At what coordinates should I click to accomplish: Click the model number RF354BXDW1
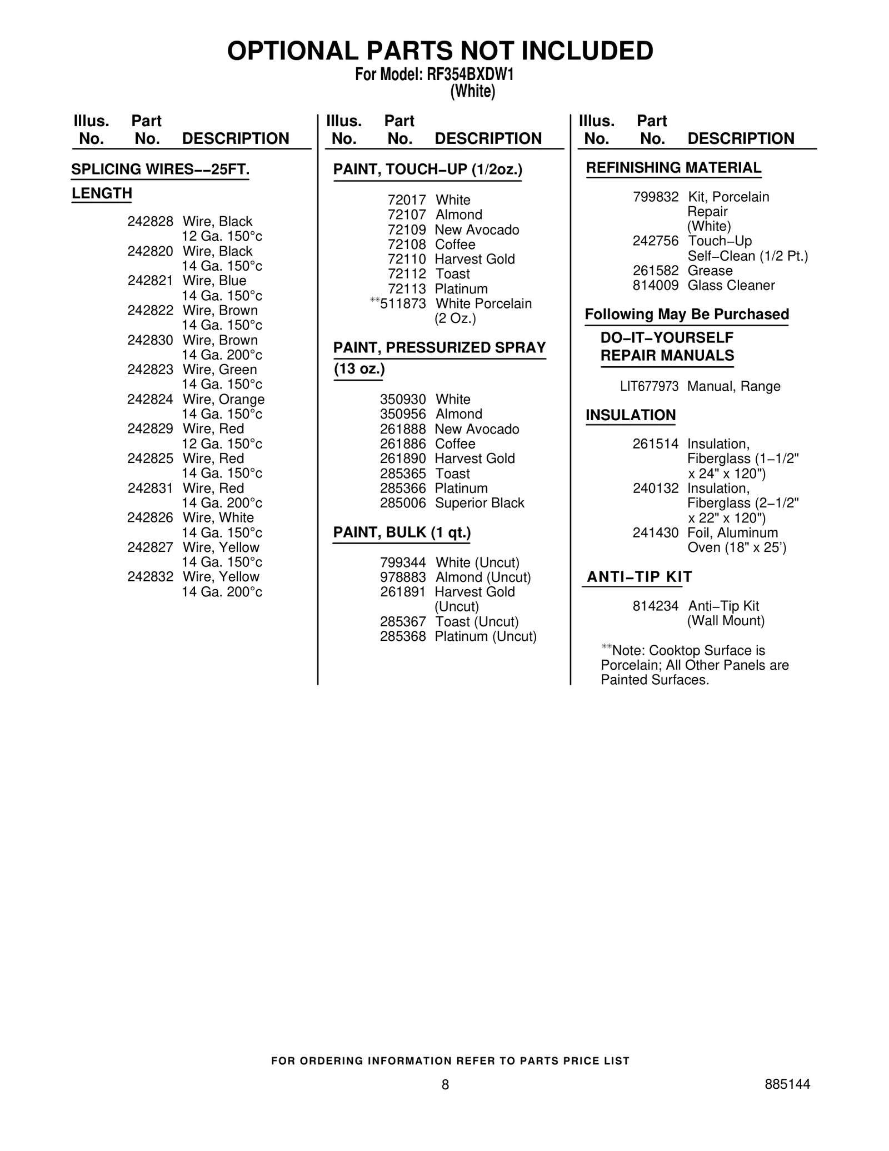pyautogui.click(x=470, y=74)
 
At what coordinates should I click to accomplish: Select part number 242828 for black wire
pyautogui.click(x=150, y=222)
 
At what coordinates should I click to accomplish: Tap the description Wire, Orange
pyautogui.click(x=223, y=400)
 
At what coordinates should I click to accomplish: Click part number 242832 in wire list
pyautogui.click(x=150, y=577)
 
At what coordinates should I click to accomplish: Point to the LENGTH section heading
pyautogui.click(x=102, y=193)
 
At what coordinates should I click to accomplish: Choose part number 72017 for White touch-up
pyautogui.click(x=407, y=200)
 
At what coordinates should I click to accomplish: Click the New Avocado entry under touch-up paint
pyautogui.click(x=477, y=230)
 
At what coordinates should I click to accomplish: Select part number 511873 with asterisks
pyautogui.click(x=403, y=304)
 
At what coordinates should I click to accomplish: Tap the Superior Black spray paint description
pyautogui.click(x=480, y=503)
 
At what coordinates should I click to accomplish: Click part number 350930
pyautogui.click(x=403, y=400)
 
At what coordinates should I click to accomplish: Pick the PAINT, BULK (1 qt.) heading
pyautogui.click(x=402, y=533)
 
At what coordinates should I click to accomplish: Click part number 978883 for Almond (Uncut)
pyautogui.click(x=403, y=577)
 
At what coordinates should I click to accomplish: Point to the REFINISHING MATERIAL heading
pyautogui.click(x=673, y=168)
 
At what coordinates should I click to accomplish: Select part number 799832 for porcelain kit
pyautogui.click(x=656, y=197)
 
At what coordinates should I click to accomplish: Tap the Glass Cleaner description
pyautogui.click(x=731, y=286)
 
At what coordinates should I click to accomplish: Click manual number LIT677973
pyautogui.click(x=649, y=387)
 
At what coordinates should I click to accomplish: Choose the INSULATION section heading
pyautogui.click(x=631, y=416)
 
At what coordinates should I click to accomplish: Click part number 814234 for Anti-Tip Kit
pyautogui.click(x=656, y=606)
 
